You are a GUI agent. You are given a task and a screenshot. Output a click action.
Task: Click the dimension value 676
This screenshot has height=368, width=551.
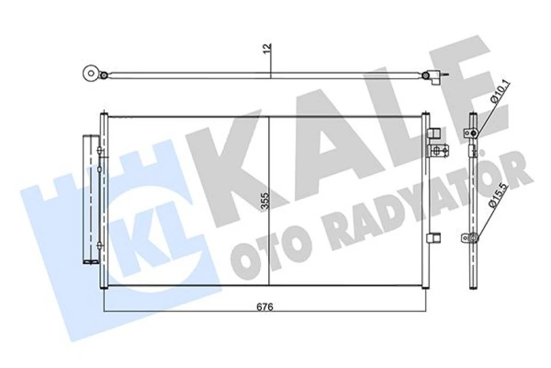click(266, 307)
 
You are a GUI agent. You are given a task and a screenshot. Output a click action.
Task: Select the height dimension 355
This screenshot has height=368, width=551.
click(265, 203)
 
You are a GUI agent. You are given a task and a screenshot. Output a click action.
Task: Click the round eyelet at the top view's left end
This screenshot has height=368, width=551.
click(90, 74)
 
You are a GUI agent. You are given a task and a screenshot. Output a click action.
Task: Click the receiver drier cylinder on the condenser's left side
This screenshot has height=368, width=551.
click(89, 199)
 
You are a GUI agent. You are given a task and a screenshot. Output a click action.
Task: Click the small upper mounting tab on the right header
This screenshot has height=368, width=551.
click(433, 133)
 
